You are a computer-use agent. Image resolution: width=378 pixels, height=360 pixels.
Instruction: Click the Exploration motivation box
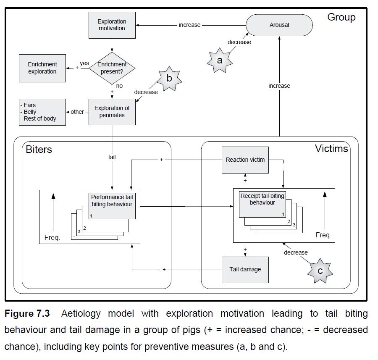pos(112,25)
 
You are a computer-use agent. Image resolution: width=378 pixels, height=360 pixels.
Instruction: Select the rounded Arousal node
pos(279,25)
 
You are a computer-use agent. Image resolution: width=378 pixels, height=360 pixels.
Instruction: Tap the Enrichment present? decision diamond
pos(112,68)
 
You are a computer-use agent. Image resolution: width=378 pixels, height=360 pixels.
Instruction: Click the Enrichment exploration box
pos(42,68)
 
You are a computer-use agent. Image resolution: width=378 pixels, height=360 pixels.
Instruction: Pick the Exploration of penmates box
pos(112,112)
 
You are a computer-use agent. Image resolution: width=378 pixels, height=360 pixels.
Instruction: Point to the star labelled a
pos(220,60)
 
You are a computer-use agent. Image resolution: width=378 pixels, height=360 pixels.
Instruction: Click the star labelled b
pos(169,78)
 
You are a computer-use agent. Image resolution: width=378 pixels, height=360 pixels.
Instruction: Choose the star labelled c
pos(320,271)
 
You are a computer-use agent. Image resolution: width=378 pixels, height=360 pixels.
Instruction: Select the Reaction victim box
pos(245,160)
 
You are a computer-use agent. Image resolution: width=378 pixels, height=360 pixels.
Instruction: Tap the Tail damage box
pos(245,269)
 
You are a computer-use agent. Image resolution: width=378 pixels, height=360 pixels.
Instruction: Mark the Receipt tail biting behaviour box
pos(262,204)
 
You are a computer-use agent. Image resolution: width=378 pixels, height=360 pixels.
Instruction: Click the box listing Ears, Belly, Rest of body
pos(42,112)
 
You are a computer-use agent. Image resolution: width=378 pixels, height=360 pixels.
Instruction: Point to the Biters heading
pos(39,149)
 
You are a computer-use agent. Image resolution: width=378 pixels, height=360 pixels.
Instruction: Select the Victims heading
pos(331,148)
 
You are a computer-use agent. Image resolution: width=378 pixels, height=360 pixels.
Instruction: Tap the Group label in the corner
pos(341,17)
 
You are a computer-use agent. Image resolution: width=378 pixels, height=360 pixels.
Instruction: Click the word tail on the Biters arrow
pos(112,157)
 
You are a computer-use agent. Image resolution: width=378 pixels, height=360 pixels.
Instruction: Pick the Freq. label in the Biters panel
pos(52,237)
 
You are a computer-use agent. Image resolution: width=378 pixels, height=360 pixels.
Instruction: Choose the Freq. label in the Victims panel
pos(323,235)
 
